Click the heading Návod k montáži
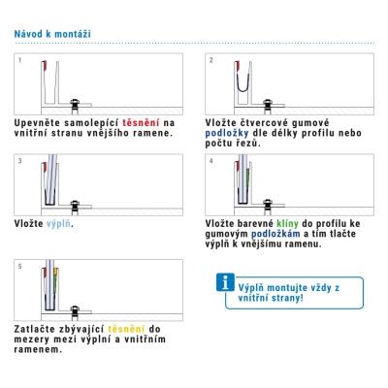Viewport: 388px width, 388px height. tap(52, 34)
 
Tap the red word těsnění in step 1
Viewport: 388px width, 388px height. tap(141, 123)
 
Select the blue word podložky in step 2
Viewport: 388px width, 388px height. tap(227, 133)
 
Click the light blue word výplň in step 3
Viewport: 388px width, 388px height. tap(58, 224)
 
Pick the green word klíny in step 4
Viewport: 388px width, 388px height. tap(287, 223)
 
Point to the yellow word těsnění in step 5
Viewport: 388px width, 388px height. tap(126, 329)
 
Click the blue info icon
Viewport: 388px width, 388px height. tap(225, 282)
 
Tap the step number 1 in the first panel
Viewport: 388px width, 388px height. tap(20, 60)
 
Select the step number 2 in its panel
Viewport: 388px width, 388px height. tap(211, 60)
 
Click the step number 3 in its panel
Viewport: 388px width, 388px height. tap(20, 161)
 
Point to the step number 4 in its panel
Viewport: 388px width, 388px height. tap(211, 161)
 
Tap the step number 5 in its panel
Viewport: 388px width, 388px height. tap(20, 267)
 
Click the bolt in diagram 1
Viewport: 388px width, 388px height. tap(75, 106)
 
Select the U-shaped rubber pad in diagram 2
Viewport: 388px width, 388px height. tap(243, 86)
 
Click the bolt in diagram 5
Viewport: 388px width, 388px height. tap(75, 312)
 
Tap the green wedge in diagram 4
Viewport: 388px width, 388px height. tap(248, 178)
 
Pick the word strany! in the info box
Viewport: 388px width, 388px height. tap(287, 298)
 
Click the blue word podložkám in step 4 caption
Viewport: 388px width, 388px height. tap(275, 234)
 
